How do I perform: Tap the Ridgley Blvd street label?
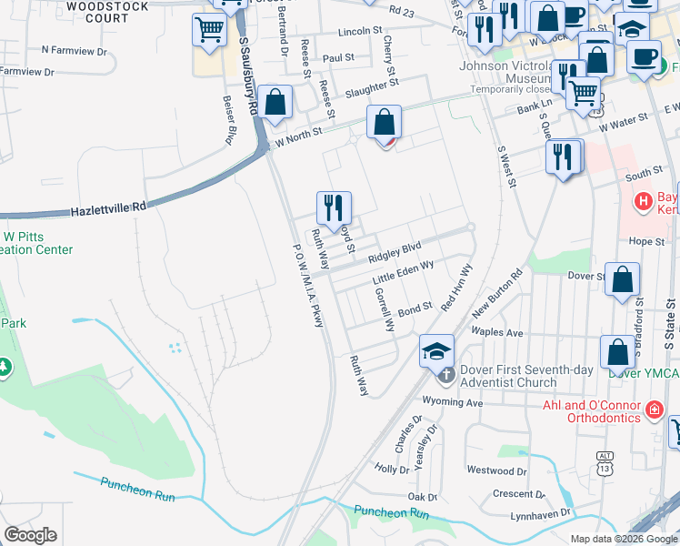(x=395, y=252)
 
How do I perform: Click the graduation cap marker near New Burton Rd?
(x=437, y=349)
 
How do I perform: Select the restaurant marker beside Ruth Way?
(x=333, y=207)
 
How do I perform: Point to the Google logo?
(x=30, y=536)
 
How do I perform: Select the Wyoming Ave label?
(x=451, y=401)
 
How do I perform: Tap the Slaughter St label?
(x=373, y=85)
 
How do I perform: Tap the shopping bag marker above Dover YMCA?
(x=617, y=352)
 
